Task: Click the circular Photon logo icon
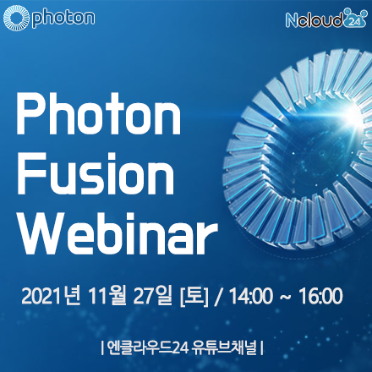pos(16,18)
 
